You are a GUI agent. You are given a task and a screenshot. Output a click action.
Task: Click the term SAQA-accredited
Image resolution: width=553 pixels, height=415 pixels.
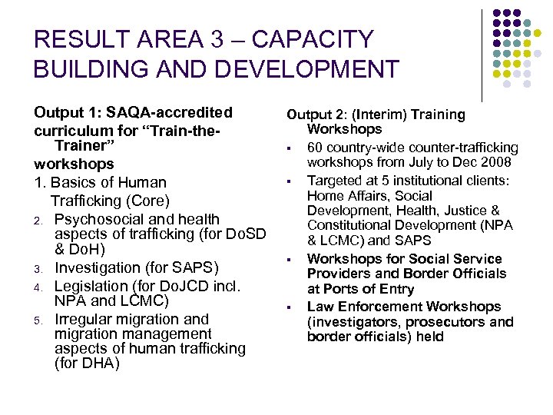click(174, 113)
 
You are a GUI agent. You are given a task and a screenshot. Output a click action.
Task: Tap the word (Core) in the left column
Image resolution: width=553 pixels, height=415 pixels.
click(147, 201)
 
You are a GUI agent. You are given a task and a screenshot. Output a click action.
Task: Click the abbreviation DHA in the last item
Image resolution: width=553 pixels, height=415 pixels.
click(98, 364)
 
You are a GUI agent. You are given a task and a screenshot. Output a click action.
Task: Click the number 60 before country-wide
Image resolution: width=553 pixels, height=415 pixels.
click(316, 148)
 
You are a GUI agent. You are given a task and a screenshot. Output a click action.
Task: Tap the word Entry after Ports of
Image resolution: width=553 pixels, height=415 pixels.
click(396, 289)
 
